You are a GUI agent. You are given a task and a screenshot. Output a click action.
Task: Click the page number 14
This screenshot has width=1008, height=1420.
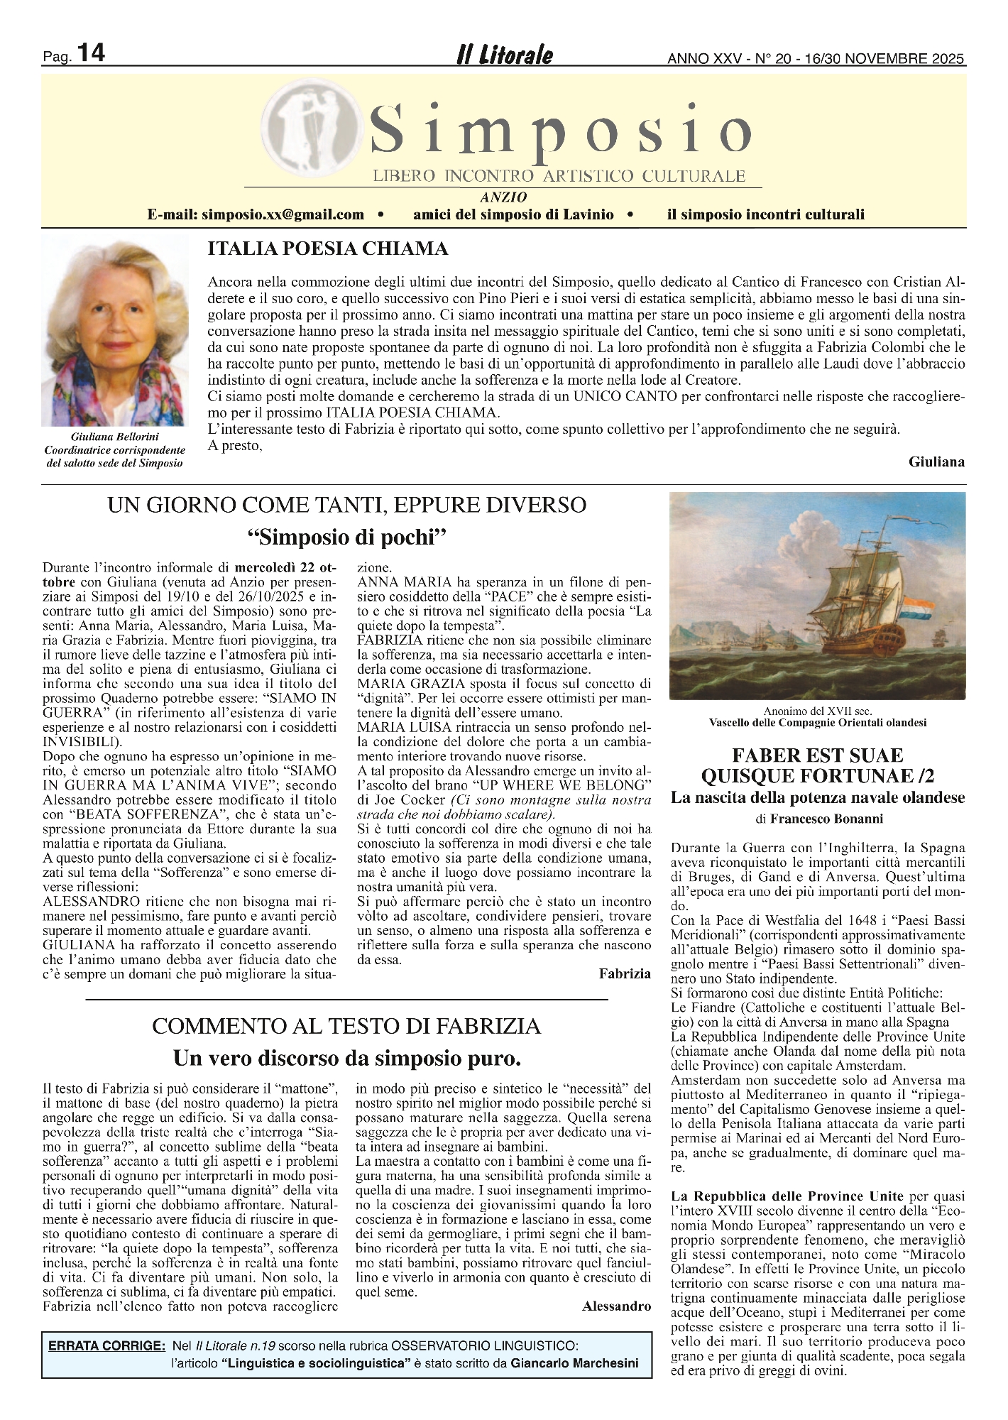(90, 53)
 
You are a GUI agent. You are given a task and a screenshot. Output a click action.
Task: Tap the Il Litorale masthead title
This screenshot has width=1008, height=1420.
(504, 55)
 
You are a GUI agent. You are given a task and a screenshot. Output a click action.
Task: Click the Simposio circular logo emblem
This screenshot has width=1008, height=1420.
(307, 135)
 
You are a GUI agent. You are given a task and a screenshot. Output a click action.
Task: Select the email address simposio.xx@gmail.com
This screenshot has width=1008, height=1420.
(283, 214)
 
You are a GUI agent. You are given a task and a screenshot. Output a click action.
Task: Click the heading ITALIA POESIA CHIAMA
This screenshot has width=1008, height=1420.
(327, 248)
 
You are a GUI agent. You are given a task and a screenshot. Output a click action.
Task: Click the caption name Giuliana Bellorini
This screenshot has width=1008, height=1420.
(114, 437)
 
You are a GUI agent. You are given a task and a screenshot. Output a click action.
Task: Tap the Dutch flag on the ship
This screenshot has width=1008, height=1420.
(922, 609)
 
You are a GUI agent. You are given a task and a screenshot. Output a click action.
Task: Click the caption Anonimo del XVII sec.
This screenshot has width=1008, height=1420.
(817, 711)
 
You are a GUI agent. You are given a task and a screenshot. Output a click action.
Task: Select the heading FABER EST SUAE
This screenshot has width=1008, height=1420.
(817, 755)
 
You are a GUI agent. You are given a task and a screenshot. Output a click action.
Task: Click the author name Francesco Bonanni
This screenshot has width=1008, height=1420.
(826, 819)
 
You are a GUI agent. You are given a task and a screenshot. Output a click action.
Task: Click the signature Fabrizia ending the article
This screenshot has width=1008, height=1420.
(624, 973)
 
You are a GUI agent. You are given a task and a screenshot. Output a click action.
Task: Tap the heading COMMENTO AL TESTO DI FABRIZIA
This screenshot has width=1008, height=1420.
(346, 1026)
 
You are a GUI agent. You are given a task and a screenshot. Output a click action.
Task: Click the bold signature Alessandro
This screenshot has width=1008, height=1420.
(616, 1306)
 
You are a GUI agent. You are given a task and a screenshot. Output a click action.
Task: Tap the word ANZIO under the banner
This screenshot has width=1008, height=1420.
(503, 197)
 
